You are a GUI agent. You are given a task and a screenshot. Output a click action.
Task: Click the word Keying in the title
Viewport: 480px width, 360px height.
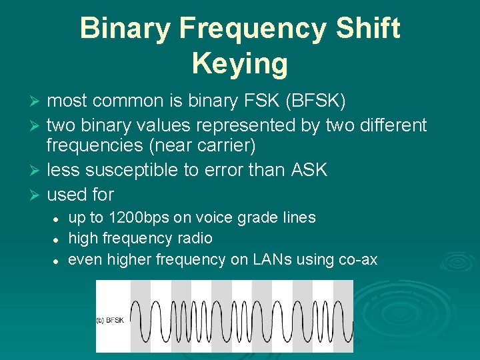pyautogui.click(x=240, y=64)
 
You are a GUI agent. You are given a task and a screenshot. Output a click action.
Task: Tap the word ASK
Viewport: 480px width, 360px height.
pyautogui.click(x=309, y=170)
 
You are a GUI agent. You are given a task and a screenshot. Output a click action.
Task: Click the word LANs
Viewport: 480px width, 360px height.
pyautogui.click(x=273, y=259)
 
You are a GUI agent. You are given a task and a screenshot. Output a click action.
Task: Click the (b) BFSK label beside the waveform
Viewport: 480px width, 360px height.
pyautogui.click(x=110, y=320)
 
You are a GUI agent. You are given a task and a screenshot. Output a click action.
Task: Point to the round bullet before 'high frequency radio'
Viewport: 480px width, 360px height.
pyautogui.click(x=58, y=239)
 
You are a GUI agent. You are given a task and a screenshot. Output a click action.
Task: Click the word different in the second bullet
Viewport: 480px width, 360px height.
pyautogui.click(x=391, y=125)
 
